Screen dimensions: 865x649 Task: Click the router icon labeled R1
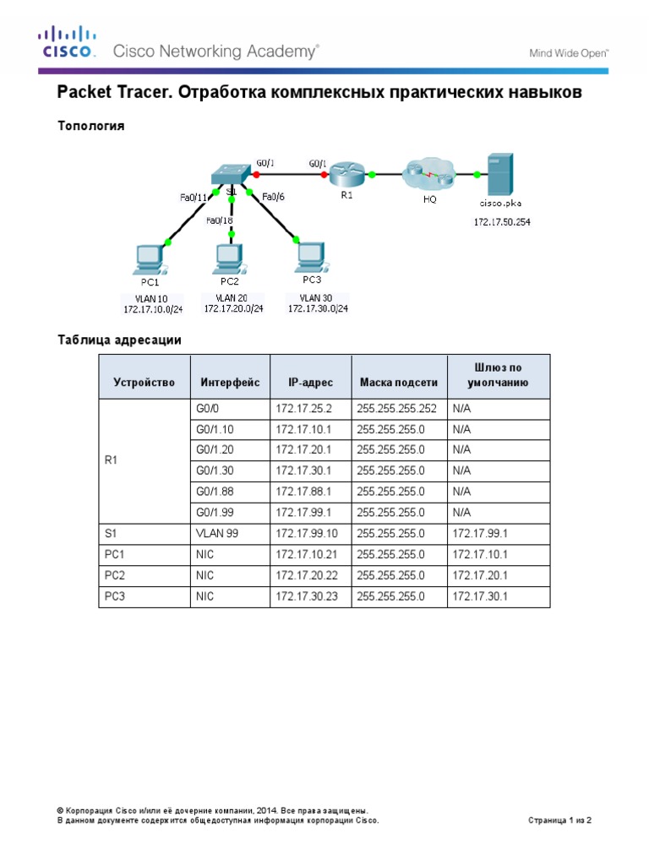[345, 176]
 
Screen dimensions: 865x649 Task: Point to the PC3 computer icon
[310, 255]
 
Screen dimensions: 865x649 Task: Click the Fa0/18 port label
[220, 221]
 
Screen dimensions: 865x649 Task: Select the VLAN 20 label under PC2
[232, 297]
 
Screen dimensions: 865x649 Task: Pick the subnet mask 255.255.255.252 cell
[396, 409]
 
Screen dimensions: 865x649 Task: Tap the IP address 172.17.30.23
[303, 596]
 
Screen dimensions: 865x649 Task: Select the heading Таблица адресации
[119, 340]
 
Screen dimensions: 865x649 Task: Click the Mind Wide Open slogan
[569, 53]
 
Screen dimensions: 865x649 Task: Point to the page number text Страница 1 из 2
[564, 819]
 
